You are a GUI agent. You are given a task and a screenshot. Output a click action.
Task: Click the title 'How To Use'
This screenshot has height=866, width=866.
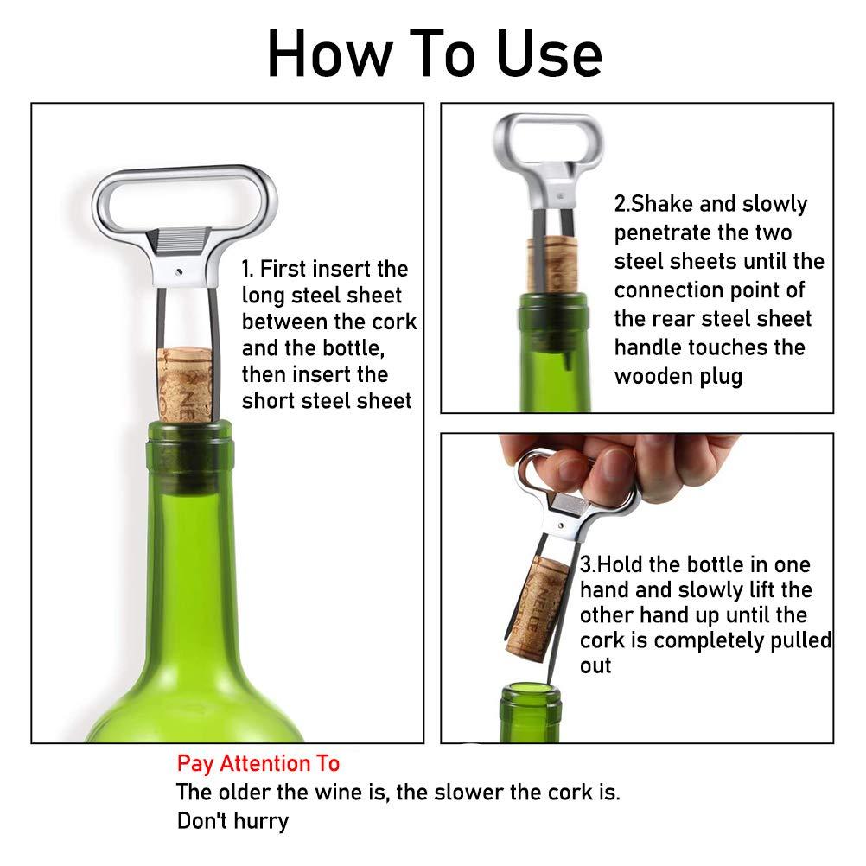(x=434, y=54)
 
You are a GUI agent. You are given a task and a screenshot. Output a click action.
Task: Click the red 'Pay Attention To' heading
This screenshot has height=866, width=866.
(x=258, y=764)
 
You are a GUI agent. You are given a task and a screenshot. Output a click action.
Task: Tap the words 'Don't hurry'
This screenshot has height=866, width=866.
(x=232, y=820)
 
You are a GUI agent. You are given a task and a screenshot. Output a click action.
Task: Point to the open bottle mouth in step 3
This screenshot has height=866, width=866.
(x=530, y=687)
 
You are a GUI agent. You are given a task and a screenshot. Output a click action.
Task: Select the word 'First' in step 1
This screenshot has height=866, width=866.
(x=289, y=269)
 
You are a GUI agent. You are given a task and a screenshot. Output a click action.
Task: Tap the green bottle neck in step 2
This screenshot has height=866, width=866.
(x=553, y=363)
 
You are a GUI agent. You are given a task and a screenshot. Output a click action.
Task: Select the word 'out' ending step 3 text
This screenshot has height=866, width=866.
(x=595, y=666)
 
